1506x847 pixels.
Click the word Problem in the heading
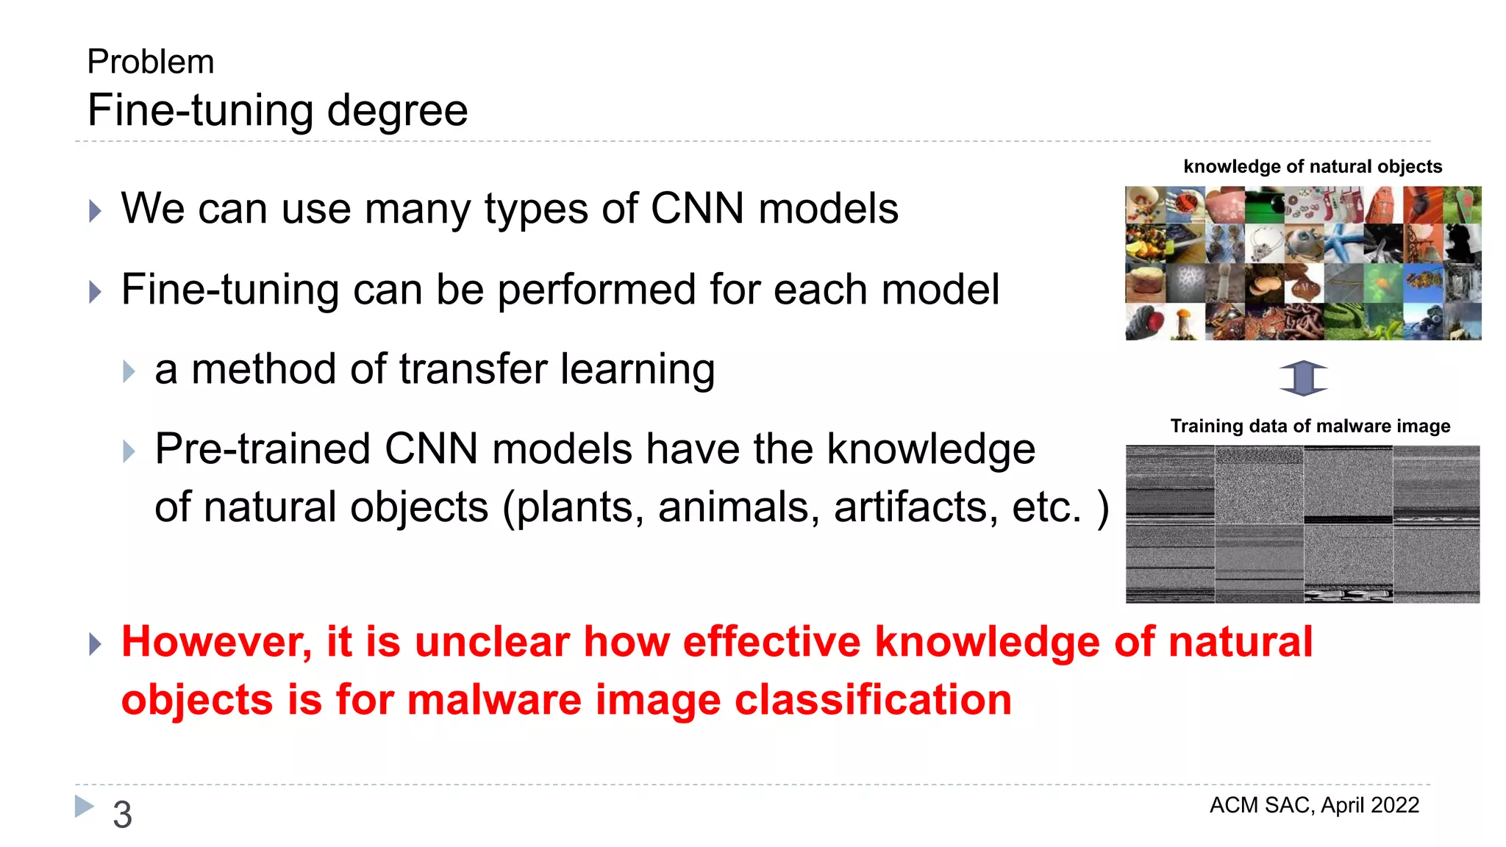[x=151, y=62]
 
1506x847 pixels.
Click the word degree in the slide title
[x=397, y=111]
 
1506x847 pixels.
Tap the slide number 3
[x=122, y=815]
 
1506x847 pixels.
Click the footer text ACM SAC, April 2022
[x=1314, y=806]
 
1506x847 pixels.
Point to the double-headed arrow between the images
[x=1303, y=378]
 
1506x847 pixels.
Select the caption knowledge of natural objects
[x=1313, y=167]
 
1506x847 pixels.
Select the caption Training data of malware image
[x=1310, y=426]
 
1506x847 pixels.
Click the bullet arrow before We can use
[x=95, y=212]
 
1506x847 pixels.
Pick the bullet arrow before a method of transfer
[x=129, y=371]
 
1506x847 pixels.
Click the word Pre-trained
[x=263, y=449]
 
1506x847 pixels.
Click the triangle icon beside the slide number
[x=85, y=806]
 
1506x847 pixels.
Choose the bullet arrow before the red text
[x=95, y=645]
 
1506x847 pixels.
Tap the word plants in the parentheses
[x=579, y=507]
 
